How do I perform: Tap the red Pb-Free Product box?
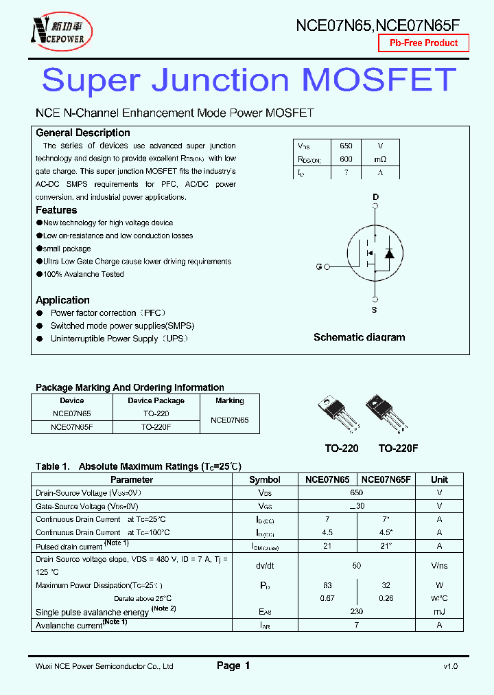[x=423, y=43]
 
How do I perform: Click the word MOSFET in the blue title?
[x=379, y=80]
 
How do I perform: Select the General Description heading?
[x=82, y=133]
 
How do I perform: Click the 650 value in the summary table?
[x=346, y=146]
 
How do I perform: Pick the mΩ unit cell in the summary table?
[x=380, y=159]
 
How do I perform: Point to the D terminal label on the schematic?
[x=375, y=198]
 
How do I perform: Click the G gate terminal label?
[x=318, y=266]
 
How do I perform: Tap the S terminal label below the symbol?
[x=375, y=310]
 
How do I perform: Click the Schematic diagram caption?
[x=359, y=337]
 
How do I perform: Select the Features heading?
[x=56, y=210]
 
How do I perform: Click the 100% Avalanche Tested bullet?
[x=83, y=274]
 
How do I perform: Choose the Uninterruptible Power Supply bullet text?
[x=119, y=339]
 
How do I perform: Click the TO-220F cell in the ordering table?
[x=156, y=426]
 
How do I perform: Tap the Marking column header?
[x=229, y=400]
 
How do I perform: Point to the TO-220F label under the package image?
[x=398, y=448]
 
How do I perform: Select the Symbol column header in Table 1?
[x=264, y=480]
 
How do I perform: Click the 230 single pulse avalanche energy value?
[x=356, y=612]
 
